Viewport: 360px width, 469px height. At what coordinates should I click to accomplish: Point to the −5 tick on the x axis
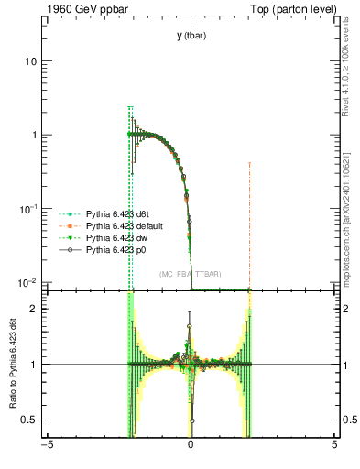(x=46, y=447)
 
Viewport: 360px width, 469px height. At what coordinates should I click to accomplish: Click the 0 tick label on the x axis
(x=191, y=447)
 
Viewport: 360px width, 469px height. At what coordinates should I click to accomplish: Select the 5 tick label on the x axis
(x=334, y=447)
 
